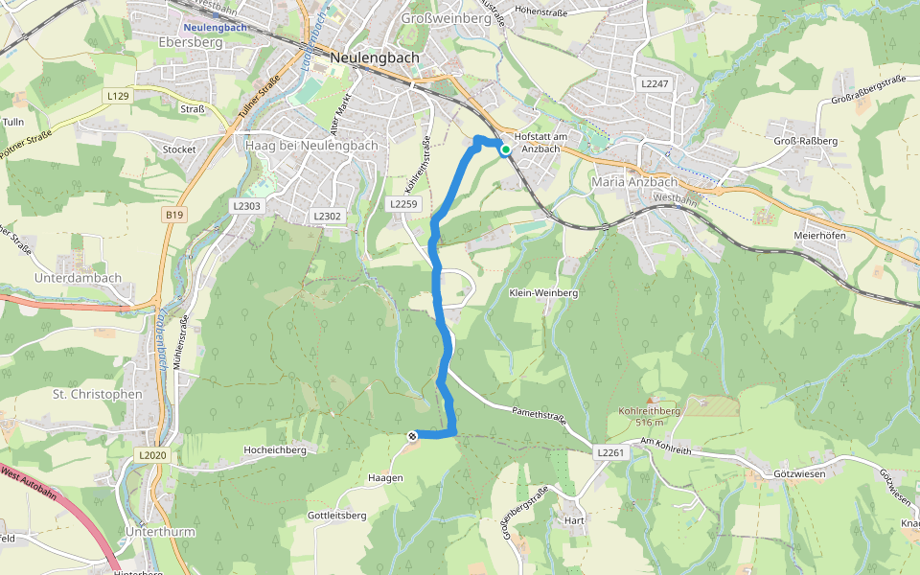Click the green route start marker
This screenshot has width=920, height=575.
click(505, 149)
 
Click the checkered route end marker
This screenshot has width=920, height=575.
click(413, 436)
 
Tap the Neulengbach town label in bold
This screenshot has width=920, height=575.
click(374, 57)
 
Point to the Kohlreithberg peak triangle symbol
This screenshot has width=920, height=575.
click(650, 401)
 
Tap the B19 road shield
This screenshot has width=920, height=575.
click(173, 216)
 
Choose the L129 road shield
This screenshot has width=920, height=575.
click(118, 96)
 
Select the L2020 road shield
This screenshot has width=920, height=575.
click(152, 454)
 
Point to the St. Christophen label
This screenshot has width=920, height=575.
click(97, 394)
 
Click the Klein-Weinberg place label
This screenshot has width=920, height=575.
click(543, 292)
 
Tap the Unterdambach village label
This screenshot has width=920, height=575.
click(78, 278)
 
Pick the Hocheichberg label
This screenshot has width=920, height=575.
click(274, 449)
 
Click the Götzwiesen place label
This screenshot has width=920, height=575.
click(798, 474)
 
